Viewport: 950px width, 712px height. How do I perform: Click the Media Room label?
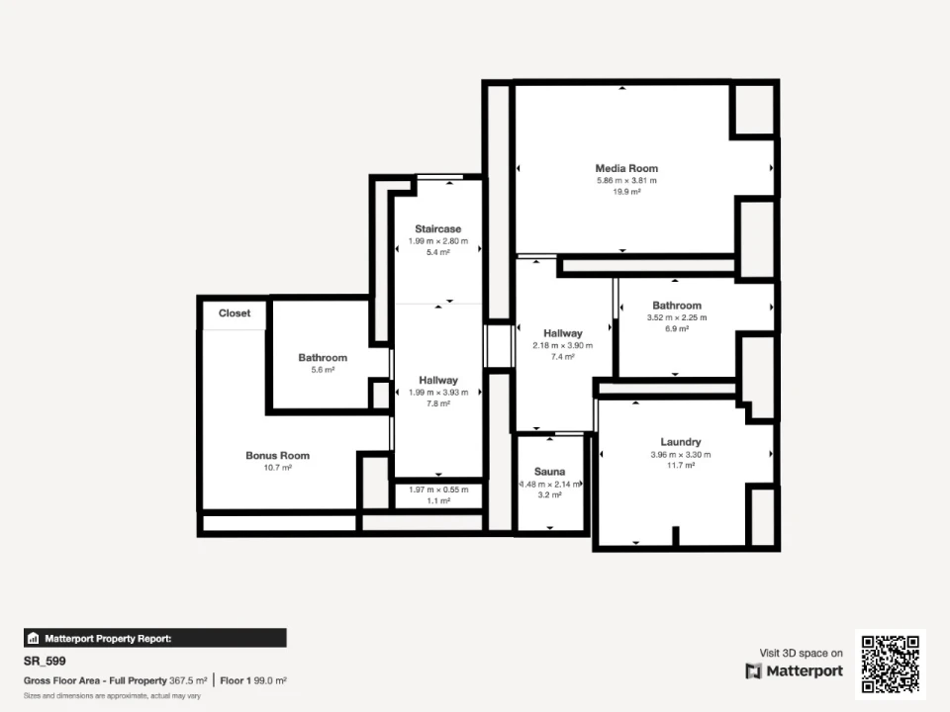[626, 168]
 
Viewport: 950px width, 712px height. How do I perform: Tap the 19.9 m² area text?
[626, 192]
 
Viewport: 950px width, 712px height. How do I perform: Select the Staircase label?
[438, 228]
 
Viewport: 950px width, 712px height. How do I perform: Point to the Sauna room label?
[549, 472]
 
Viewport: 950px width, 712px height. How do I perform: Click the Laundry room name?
[681, 442]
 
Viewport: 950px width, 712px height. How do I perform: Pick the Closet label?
[235, 313]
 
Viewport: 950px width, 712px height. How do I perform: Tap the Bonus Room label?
[277, 455]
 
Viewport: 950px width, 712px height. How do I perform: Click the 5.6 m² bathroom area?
[323, 370]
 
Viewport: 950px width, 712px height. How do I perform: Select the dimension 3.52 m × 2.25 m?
[677, 317]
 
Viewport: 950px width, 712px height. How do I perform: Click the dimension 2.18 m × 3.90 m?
[563, 345]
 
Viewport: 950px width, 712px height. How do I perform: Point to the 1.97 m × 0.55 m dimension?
[438, 489]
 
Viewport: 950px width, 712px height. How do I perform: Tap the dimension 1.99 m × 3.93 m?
[438, 393]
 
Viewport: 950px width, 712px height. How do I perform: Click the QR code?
[891, 665]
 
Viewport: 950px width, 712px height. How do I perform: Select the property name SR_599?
[45, 662]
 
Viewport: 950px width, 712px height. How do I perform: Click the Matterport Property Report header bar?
[155, 638]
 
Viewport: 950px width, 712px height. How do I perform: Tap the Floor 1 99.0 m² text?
[253, 680]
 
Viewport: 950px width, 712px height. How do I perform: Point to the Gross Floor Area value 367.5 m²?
[188, 680]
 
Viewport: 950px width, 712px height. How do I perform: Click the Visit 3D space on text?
[801, 653]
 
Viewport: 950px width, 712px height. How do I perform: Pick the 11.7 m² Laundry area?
[681, 466]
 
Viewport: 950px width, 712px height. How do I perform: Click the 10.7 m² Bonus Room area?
[277, 468]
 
